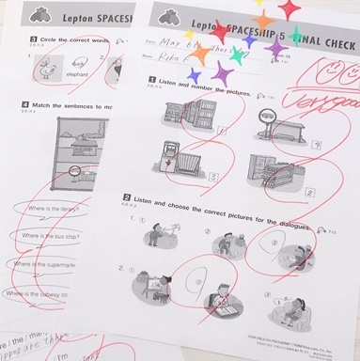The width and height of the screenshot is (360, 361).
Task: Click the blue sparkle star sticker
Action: click(195, 73)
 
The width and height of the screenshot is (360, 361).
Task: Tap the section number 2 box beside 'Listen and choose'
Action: click(126, 198)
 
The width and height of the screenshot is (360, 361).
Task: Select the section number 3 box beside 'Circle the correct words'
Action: click(33, 40)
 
